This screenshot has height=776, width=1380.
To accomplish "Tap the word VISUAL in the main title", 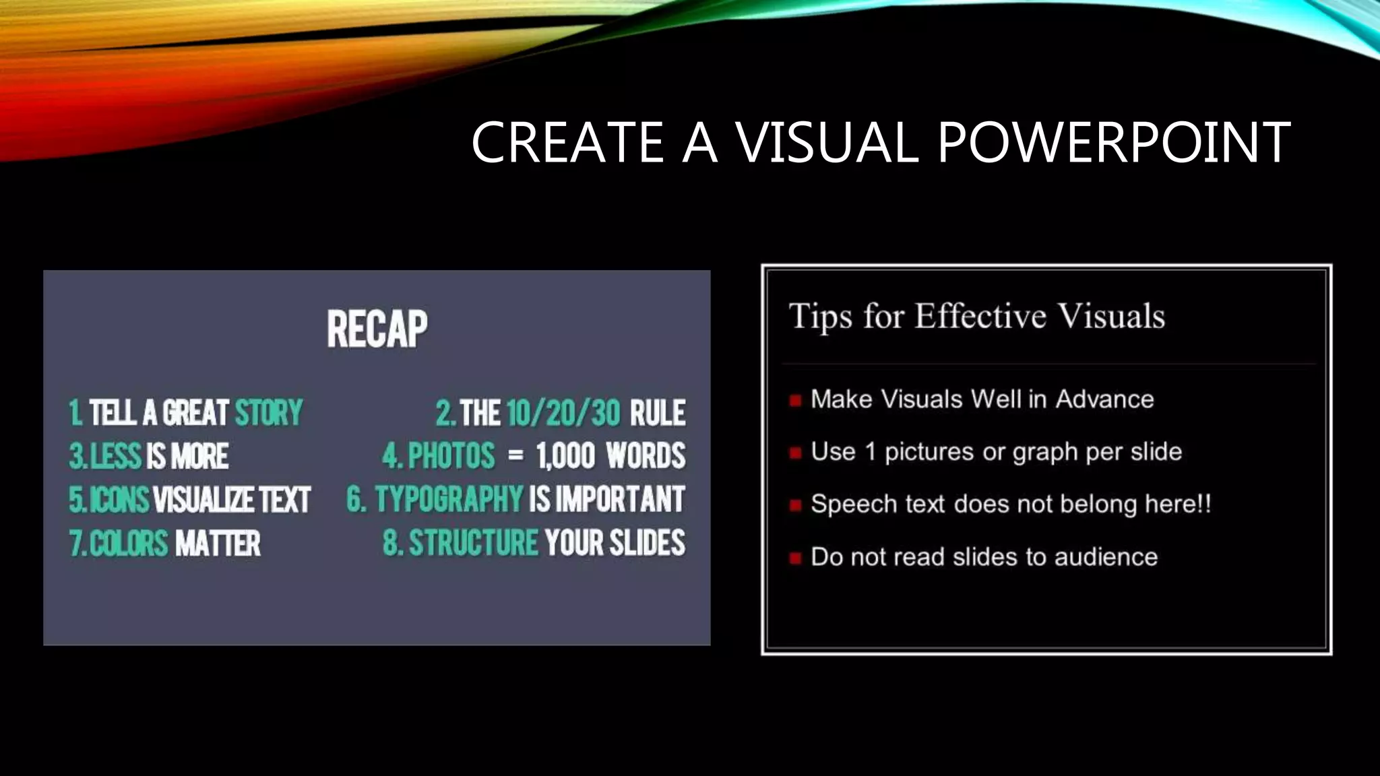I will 826,142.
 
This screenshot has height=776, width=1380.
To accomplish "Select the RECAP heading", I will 377,329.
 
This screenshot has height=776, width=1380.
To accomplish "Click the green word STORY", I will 269,413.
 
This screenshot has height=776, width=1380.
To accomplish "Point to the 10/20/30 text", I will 563,413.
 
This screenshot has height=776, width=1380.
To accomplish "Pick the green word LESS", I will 116,456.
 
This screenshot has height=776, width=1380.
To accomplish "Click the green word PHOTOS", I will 451,456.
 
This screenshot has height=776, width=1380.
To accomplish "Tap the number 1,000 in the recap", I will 566,456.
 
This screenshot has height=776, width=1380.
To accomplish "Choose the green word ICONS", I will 119,500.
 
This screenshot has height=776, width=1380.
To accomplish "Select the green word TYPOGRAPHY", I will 449,500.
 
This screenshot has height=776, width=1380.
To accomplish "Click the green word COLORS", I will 128,543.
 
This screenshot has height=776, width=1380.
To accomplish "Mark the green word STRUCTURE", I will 474,543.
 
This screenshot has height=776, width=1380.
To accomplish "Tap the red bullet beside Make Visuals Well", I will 795,401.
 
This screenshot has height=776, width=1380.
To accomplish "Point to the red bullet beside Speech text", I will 795,505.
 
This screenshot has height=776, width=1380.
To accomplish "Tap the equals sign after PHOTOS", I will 515,456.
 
